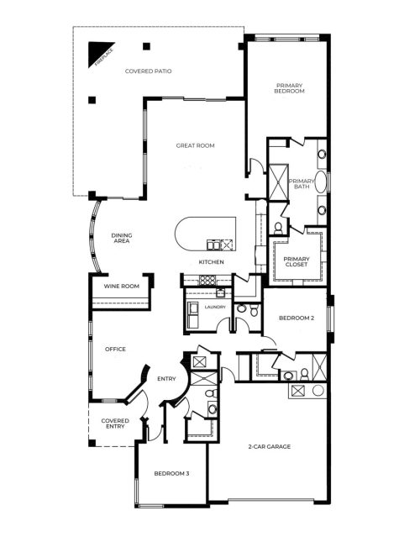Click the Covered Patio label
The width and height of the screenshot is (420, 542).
pos(148,71)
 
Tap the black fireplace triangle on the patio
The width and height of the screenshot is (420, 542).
pos(96,55)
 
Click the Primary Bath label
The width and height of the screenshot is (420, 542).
pos(300,184)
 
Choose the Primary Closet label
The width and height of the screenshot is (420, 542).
pos(296,261)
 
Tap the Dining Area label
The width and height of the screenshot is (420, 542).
pos(123,239)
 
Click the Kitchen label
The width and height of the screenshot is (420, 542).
pos(211,262)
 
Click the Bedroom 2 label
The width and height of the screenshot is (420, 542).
pos(296,318)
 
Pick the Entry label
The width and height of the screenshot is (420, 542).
pos(165,379)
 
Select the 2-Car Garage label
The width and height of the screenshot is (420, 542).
pos(269,446)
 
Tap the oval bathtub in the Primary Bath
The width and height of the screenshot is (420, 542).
pos(323,183)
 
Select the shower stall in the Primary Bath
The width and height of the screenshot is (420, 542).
pos(276,179)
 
